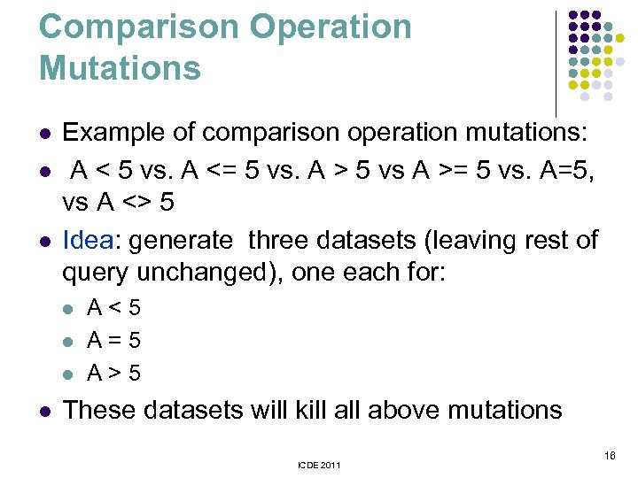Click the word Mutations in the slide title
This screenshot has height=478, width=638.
click(120, 68)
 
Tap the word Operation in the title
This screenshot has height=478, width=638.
click(331, 27)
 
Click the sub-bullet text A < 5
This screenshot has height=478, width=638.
click(113, 308)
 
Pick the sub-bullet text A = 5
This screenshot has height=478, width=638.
click(113, 340)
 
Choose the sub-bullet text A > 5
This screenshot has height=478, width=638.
click(113, 373)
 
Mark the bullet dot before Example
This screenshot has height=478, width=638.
click(44, 135)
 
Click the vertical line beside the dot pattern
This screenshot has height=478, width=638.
click(556, 62)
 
